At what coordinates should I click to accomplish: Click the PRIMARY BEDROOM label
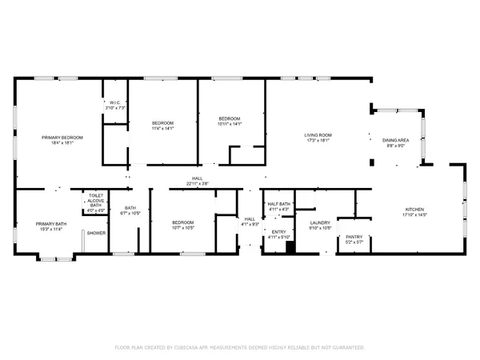(x=62, y=138)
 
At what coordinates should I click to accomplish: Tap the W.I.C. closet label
(x=114, y=102)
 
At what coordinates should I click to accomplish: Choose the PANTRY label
(x=354, y=237)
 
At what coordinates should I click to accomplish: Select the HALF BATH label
(x=278, y=205)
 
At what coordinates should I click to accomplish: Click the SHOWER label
(x=97, y=233)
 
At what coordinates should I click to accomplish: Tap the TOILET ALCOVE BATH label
(x=96, y=200)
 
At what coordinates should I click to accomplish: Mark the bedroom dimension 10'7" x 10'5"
(x=182, y=227)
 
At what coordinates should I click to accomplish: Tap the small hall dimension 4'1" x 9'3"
(x=250, y=224)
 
